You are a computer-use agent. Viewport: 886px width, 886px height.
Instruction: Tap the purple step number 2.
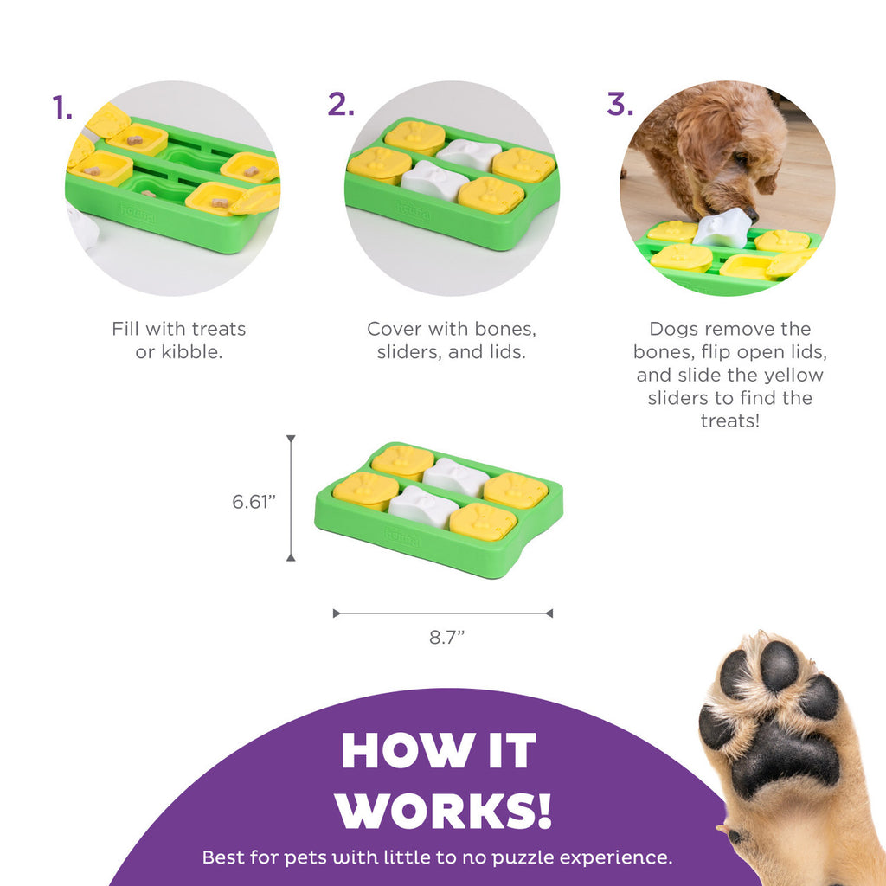[x=341, y=104]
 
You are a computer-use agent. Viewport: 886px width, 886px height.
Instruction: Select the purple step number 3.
[x=620, y=104]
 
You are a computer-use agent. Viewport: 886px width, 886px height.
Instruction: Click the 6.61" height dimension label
[x=254, y=501]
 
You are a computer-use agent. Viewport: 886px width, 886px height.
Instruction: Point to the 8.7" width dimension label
[x=447, y=638]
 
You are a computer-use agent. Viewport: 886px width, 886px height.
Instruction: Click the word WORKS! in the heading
[x=443, y=809]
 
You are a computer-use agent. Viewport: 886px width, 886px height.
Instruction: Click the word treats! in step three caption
[x=729, y=421]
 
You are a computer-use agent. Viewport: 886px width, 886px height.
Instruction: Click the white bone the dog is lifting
[x=722, y=228]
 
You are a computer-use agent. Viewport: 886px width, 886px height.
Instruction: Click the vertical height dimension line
[x=291, y=498]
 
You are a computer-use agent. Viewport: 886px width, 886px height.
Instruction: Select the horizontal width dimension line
[x=443, y=613]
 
